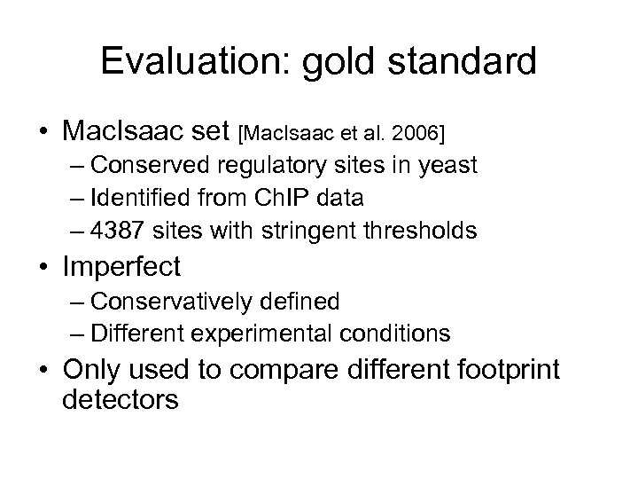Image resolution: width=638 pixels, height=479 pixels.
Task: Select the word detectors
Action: click(x=121, y=398)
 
